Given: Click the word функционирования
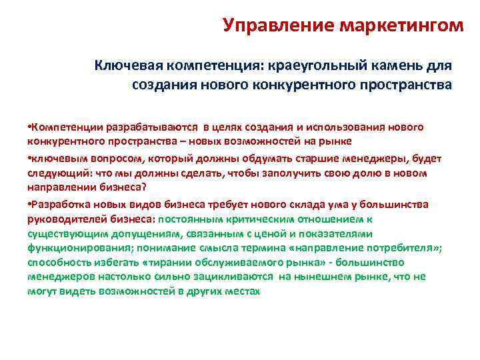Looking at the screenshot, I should pyautogui.click(x=71, y=248).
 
